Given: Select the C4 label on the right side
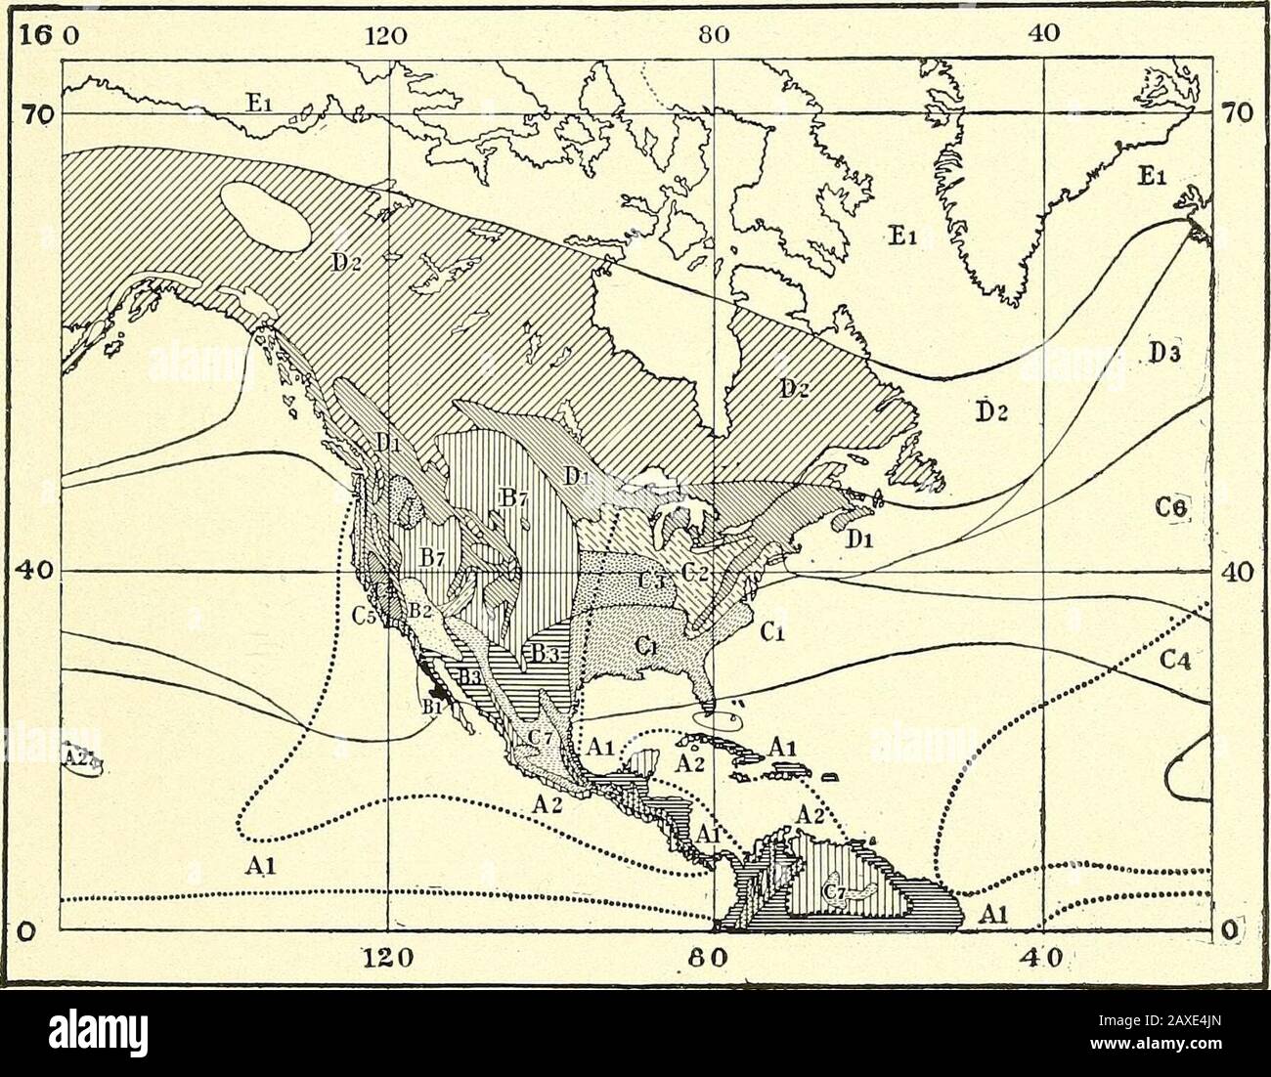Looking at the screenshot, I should (x=1177, y=661).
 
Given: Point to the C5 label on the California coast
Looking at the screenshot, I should (x=366, y=617).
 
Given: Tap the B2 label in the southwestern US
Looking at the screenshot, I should (x=420, y=611).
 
